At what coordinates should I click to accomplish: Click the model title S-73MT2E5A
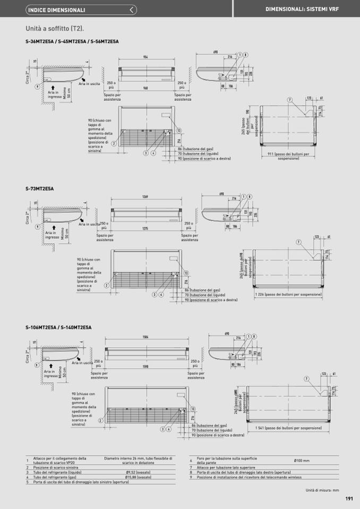coord(39,188)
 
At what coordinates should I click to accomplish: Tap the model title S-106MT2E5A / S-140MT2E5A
coord(58,327)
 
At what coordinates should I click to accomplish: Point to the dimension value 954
coord(145,57)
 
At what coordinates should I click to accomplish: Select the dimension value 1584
coord(145,337)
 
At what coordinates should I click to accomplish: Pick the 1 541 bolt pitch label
coord(288,428)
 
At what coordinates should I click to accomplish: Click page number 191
coord(349,498)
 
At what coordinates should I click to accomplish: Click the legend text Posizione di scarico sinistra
coord(56,467)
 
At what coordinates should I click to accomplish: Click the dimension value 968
coord(145,88)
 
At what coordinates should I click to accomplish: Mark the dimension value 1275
coord(145,229)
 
